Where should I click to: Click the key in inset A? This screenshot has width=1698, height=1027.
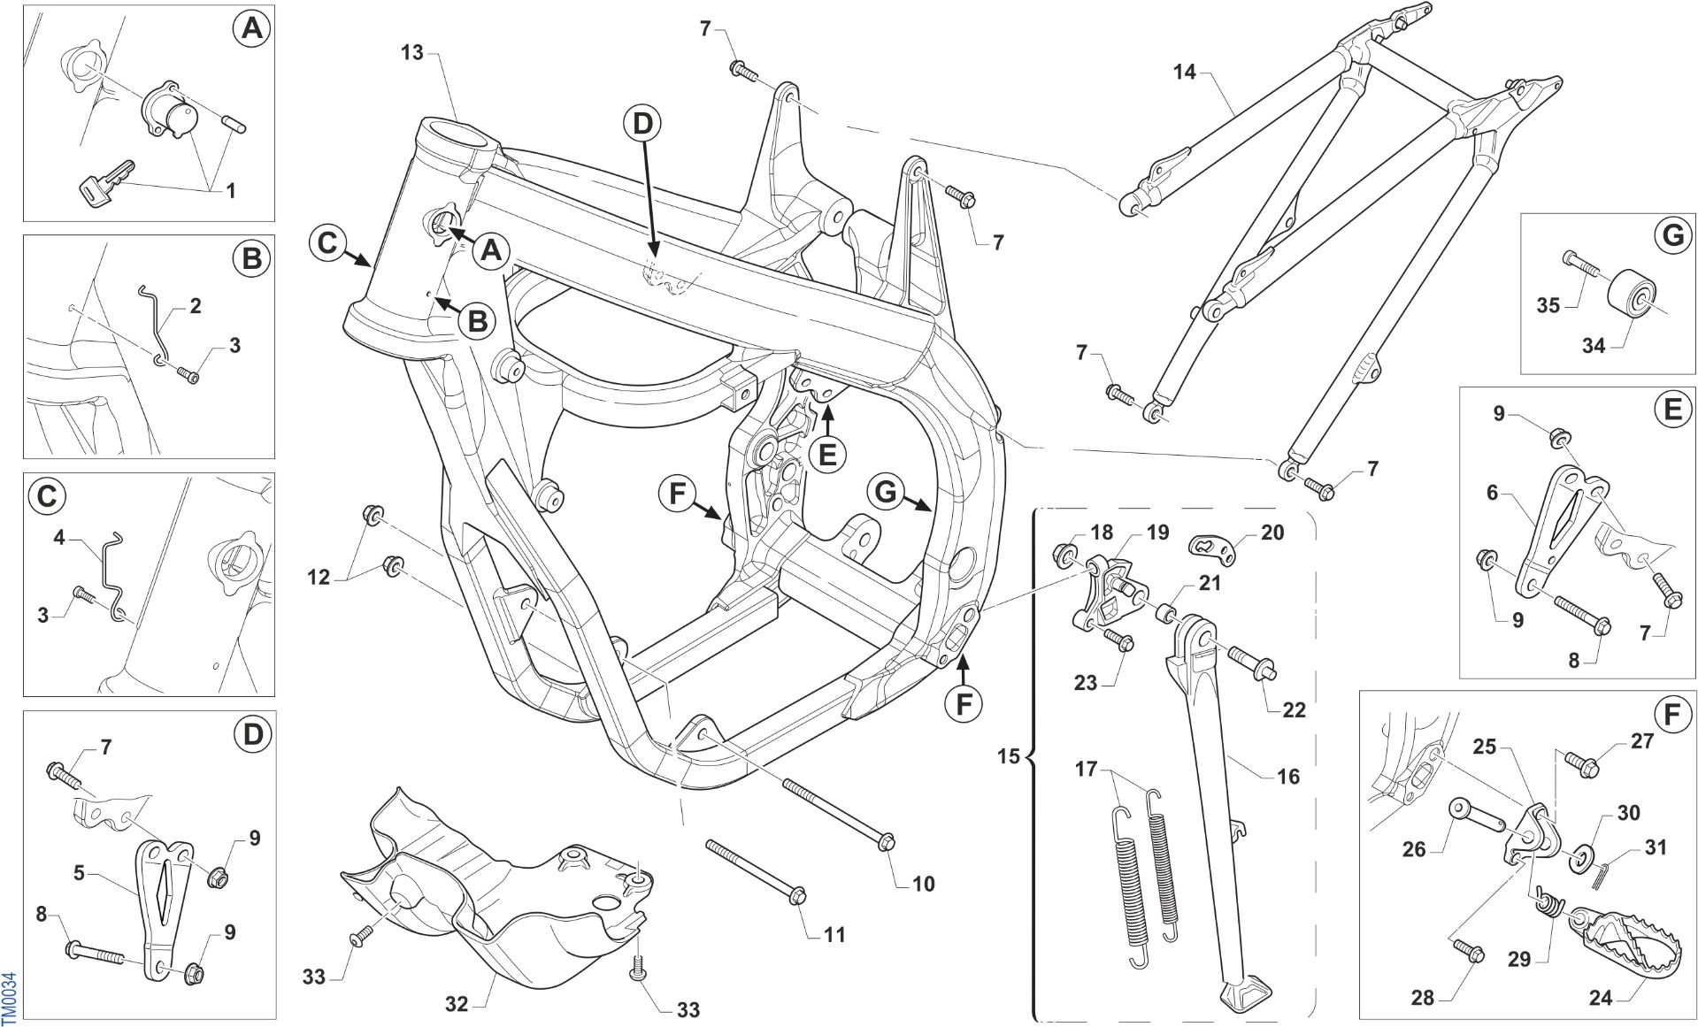tap(106, 181)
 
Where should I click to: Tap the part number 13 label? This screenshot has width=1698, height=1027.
tap(412, 53)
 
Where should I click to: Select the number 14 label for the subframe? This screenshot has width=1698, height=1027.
tap(1185, 73)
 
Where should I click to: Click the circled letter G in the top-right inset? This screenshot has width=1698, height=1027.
tap(1671, 236)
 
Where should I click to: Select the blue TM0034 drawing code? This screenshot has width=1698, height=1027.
tap(9, 997)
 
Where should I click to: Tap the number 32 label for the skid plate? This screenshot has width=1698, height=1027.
tap(457, 1004)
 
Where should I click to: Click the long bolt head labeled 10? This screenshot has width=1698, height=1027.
tap(887, 842)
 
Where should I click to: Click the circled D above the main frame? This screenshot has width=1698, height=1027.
tap(642, 124)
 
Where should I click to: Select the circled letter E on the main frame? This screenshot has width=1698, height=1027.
tap(827, 455)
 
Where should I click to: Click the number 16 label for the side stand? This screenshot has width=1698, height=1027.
tap(1288, 777)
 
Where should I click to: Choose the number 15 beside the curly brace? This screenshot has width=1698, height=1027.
tap(1009, 756)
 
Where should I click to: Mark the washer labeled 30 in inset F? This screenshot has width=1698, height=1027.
tap(1579, 858)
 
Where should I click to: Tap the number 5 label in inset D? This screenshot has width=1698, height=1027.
tap(79, 873)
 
